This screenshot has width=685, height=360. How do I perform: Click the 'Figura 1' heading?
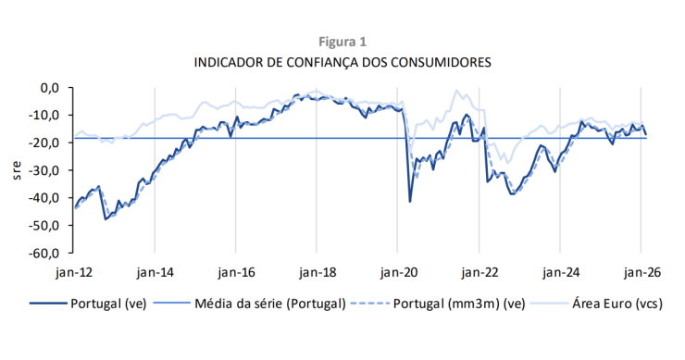pos(342,42)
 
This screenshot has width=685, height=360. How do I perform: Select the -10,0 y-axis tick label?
pos(45,116)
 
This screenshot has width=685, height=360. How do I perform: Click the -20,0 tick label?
pos(45,143)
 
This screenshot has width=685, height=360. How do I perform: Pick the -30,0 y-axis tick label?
pos(45,170)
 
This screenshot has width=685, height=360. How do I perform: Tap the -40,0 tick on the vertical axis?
pos(45,198)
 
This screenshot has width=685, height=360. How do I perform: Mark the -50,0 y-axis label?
pos(45,225)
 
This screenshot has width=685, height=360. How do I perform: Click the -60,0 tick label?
pos(45,253)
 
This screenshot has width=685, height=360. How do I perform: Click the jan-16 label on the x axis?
pos(236,273)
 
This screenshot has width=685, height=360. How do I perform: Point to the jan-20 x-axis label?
pos(398,273)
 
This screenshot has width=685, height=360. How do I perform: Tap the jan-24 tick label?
pos(561,273)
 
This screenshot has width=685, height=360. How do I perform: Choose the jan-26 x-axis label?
pos(642,273)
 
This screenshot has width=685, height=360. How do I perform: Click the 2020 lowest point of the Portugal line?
pos(410,201)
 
